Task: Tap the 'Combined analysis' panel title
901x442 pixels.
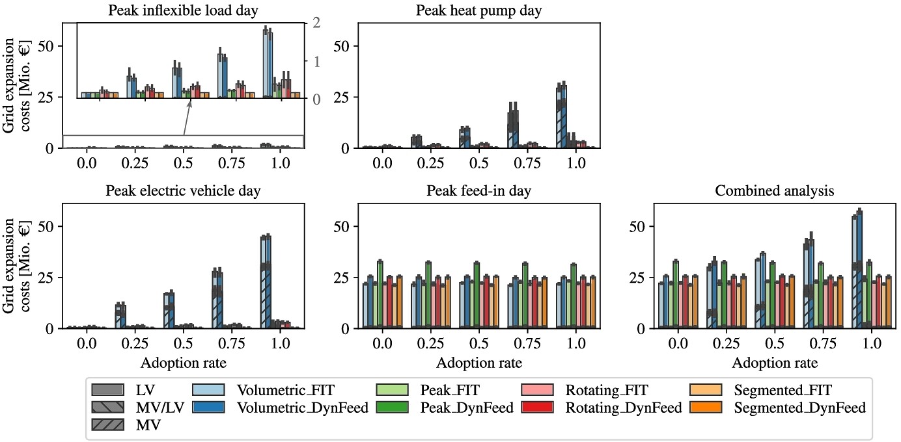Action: pos(774,191)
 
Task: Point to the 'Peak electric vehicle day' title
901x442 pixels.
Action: pos(183,191)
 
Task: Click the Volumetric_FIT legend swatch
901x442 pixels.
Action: pos(210,391)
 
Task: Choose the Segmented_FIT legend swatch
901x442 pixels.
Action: pos(706,391)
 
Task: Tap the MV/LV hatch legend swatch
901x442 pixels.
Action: pos(109,408)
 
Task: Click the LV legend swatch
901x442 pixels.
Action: pos(109,391)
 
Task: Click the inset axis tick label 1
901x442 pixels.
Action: pos(316,61)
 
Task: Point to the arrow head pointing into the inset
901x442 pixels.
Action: pos(193,103)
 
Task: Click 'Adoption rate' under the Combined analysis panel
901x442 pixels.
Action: pos(774,363)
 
